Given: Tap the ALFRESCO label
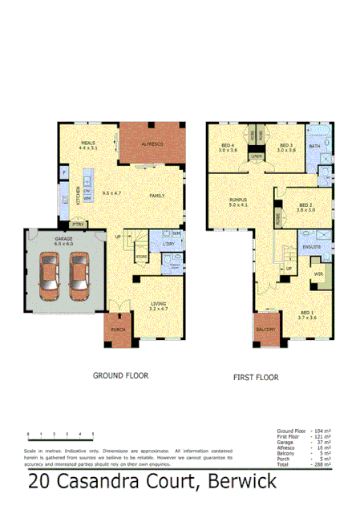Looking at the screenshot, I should tap(152, 142).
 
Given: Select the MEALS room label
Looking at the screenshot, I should tap(87, 144).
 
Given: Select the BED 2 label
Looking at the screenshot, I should tap(305, 204).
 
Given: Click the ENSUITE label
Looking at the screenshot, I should tap(312, 246).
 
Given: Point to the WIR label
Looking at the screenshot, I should tap(318, 273).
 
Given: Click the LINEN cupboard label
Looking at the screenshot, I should tap(256, 156).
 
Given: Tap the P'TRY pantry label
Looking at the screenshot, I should tap(79, 224).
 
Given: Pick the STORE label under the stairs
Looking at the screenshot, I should tap(141, 257).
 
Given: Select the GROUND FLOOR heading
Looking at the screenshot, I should tap(121, 374).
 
